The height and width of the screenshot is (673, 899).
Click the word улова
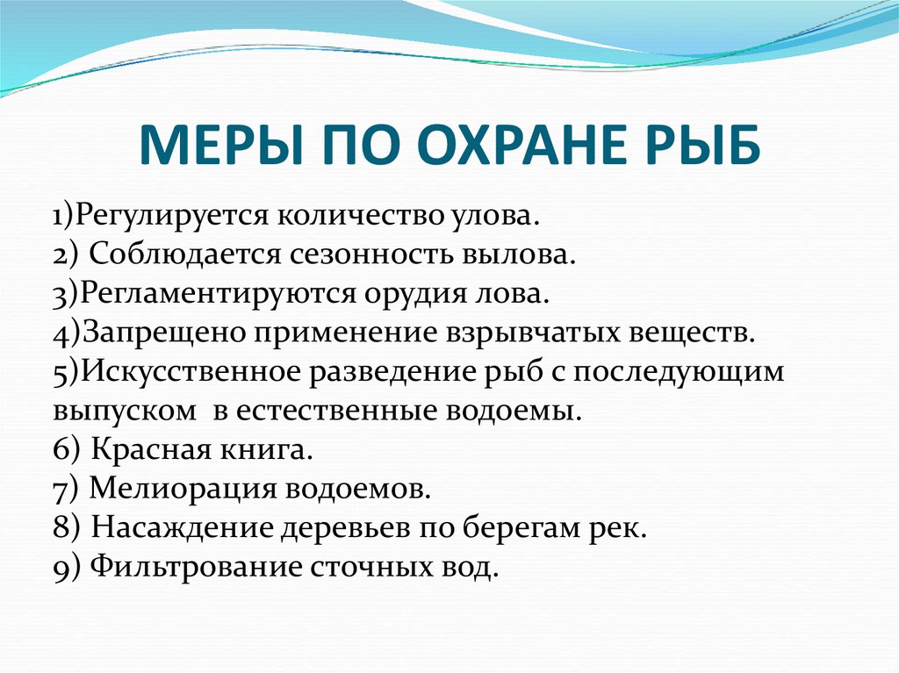point(493,216)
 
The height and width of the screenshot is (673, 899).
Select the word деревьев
point(346,528)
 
